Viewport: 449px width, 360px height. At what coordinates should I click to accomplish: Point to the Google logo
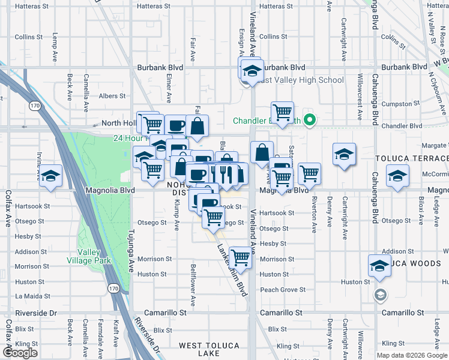pos(20,353)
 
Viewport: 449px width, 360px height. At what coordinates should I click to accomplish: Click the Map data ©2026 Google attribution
pos(412,355)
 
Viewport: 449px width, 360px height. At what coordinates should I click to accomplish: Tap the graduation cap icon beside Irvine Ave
pos(51,175)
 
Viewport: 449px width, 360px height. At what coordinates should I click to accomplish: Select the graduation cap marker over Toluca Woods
pos(379,265)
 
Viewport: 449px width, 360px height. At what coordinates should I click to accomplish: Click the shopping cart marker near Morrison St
pos(240,257)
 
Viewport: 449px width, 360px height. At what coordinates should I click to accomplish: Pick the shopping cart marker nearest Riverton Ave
pos(309,173)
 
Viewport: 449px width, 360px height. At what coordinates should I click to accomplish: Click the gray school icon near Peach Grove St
pos(379,295)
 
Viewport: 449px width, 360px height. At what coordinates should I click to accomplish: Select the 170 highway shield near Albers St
pos(35,106)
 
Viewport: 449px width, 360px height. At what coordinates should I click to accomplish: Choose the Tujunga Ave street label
pos(130,249)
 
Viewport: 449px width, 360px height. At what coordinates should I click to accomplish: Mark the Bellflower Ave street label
pos(193,284)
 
